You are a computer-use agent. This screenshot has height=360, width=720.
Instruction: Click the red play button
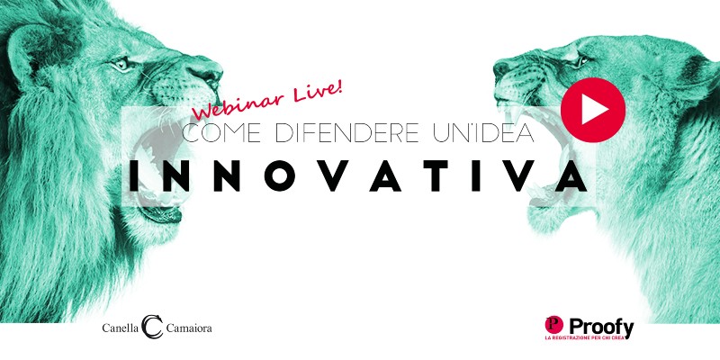[x=593, y=110]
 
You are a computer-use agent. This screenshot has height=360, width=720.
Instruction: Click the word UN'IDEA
[x=483, y=132]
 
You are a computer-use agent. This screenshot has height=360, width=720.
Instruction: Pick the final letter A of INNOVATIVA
[x=571, y=175]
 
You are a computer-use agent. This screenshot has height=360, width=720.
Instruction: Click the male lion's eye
[x=122, y=64]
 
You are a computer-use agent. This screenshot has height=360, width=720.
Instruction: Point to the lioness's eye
[x=581, y=60]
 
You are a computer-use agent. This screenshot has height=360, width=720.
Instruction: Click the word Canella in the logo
[x=120, y=328]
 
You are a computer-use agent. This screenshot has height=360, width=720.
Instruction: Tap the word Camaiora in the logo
[x=189, y=328]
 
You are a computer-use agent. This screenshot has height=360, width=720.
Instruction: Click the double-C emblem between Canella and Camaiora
[x=152, y=327]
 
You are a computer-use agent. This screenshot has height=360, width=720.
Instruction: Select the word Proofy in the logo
[x=601, y=328]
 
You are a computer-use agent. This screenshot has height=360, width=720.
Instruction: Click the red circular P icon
[x=554, y=325]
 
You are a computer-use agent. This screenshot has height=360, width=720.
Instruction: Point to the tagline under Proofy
[x=582, y=338]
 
